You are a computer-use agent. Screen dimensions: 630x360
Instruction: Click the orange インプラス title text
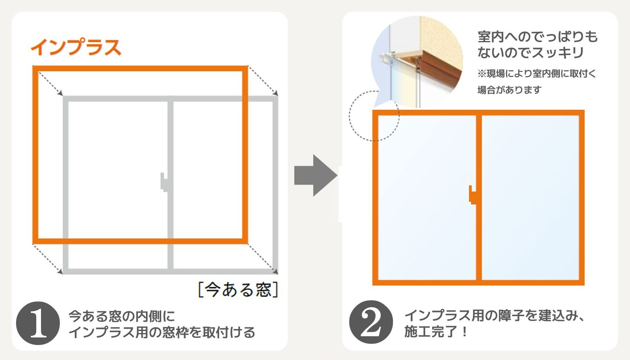(76, 47)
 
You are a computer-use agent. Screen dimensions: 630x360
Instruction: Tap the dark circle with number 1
(38, 323)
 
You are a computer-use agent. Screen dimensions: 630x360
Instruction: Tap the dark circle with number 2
(371, 322)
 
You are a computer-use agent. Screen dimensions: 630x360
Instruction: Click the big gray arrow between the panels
(316, 175)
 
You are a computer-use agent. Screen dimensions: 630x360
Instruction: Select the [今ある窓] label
(238, 290)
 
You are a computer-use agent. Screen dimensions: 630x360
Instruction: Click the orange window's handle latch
(472, 195)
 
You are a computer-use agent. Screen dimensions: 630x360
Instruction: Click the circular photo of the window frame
(417, 62)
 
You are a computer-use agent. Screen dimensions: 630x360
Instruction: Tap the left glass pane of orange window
(427, 197)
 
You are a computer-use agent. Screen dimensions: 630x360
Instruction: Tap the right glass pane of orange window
(530, 197)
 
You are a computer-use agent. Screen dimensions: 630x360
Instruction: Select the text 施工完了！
(436, 331)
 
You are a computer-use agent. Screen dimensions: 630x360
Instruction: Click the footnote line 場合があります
(509, 90)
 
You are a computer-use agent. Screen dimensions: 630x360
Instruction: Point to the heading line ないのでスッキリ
(530, 53)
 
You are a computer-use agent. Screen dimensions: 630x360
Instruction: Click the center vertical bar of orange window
(479, 197)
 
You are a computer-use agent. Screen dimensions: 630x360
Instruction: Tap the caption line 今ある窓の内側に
(122, 317)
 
